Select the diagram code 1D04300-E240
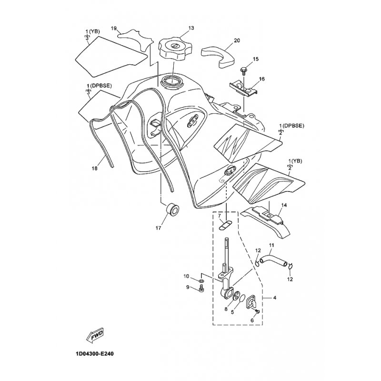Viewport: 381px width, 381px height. pos(93,354)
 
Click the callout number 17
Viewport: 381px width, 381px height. pos(158,228)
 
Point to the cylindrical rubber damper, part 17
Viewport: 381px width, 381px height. pos(173,209)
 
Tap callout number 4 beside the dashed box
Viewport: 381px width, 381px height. pos(275,297)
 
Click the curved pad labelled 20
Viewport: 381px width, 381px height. pos(218,57)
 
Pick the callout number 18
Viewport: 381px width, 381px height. pos(94,168)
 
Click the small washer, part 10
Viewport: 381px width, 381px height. pos(201,281)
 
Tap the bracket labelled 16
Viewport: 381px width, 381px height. pos(243,88)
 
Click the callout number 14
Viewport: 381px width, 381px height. pos(284,205)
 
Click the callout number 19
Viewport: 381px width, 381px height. pos(114,29)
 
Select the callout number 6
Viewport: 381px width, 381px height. pos(252,321)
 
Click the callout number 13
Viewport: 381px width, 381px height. pos(191,28)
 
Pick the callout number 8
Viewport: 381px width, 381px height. pos(226,309)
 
